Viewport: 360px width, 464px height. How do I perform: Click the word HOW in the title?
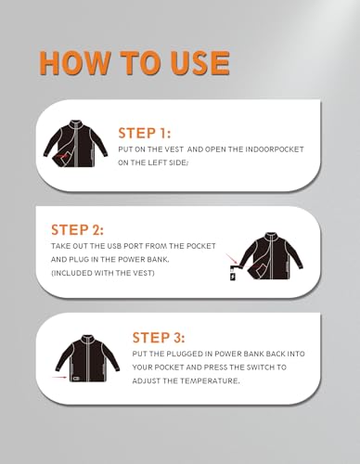[75, 63]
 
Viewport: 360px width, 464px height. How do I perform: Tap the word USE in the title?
[199, 63]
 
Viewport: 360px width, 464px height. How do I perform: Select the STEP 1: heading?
[144, 133]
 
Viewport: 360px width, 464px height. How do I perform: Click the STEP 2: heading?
[77, 230]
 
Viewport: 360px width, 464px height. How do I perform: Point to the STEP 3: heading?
[159, 338]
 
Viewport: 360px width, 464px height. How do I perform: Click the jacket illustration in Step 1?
[76, 144]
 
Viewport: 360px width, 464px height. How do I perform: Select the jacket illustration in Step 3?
[88, 358]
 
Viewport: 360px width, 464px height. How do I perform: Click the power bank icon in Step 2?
[234, 275]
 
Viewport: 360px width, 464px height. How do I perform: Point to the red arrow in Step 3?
[59, 377]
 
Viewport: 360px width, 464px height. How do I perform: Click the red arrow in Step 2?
[232, 259]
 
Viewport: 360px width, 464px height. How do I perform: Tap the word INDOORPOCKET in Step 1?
[275, 149]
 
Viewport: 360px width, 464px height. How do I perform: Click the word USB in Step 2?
[114, 246]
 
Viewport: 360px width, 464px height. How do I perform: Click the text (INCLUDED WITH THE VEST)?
[103, 273]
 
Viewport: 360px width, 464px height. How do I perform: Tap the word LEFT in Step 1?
[157, 162]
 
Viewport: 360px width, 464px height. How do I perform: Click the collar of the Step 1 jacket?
[75, 122]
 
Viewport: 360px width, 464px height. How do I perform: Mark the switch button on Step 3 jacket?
[75, 378]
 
